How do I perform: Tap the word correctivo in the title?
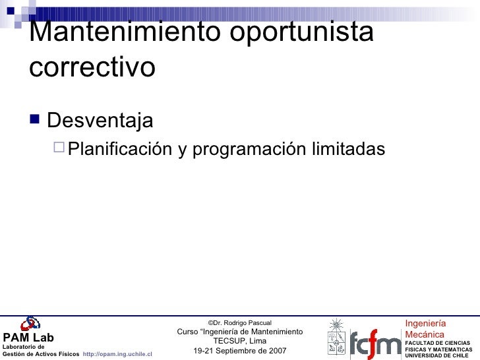pos(92,67)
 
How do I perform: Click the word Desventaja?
pos(100,121)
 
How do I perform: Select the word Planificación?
pos(121,150)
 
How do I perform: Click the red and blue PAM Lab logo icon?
pos(30,324)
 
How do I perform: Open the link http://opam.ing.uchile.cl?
pos(117,354)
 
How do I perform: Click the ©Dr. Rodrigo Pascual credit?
pos(239,322)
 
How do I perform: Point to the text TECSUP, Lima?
pos(239,341)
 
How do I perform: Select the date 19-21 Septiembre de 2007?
pos(239,351)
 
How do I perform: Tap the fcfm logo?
pos(375,344)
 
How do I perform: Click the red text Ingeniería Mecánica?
pos(425,329)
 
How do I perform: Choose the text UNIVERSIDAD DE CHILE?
pos(436,355)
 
